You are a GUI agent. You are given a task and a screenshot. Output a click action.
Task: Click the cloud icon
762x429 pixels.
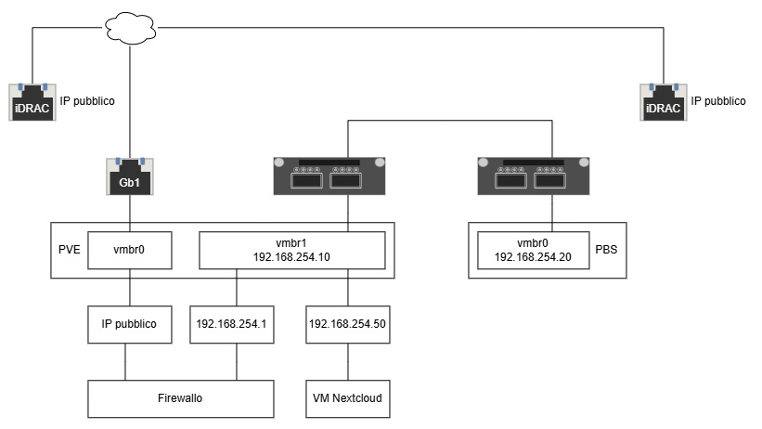pyautogui.click(x=130, y=28)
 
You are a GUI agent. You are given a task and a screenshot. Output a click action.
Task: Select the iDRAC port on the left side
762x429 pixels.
pyautogui.click(x=32, y=102)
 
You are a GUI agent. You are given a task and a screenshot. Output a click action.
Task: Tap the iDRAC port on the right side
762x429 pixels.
pyautogui.click(x=664, y=102)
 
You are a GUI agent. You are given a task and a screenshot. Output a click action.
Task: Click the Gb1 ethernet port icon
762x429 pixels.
pyautogui.click(x=130, y=176)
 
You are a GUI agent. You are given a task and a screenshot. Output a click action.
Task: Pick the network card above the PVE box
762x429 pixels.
pyautogui.click(x=329, y=176)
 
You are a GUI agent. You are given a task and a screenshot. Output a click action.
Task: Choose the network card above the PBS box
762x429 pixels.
pyautogui.click(x=534, y=176)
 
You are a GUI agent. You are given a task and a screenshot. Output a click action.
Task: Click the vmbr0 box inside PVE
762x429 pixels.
pyautogui.click(x=130, y=250)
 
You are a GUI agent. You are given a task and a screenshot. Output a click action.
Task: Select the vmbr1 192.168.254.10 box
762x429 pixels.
pyautogui.click(x=292, y=250)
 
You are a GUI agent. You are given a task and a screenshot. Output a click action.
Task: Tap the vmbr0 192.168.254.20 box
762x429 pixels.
pyautogui.click(x=534, y=250)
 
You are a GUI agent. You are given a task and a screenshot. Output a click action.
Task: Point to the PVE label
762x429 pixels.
pyautogui.click(x=69, y=250)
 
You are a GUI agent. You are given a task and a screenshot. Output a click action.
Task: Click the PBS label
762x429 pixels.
pyautogui.click(x=606, y=250)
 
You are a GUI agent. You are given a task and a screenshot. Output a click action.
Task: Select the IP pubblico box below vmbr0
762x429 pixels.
pyautogui.click(x=130, y=324)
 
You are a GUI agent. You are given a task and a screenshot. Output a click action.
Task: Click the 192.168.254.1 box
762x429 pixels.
pyautogui.click(x=232, y=324)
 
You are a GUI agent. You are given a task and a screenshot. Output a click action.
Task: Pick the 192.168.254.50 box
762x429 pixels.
pyautogui.click(x=348, y=324)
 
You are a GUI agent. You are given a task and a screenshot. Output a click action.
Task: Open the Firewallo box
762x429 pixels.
pyautogui.click(x=181, y=399)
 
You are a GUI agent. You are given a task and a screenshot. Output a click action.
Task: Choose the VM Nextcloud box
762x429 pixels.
pyautogui.click(x=348, y=399)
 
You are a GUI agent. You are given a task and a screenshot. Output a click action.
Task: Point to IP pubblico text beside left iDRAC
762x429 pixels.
pyautogui.click(x=87, y=101)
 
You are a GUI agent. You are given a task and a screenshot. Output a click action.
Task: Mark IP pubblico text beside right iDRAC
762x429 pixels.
pyautogui.click(x=718, y=101)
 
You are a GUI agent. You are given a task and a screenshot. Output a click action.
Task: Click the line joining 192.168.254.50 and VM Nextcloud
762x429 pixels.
pyautogui.click(x=348, y=362)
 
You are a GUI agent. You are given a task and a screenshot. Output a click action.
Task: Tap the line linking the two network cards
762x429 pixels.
pyautogui.click(x=450, y=120)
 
